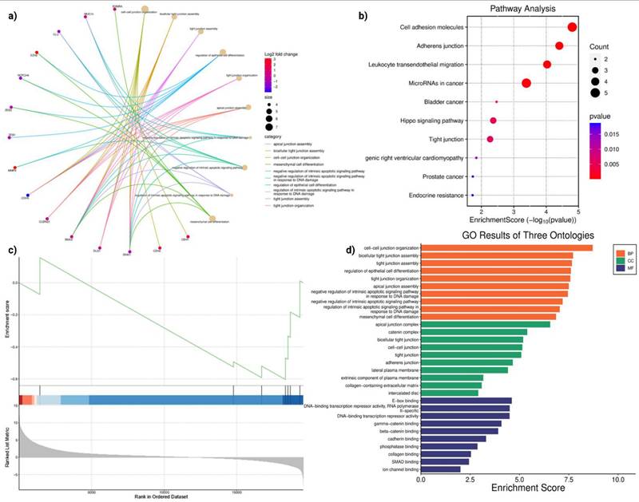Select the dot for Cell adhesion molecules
tap(572, 27)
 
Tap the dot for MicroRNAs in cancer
tap(526, 83)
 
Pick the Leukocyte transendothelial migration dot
tap(547, 64)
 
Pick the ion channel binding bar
tap(440, 469)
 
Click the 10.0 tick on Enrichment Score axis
tap(617, 481)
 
